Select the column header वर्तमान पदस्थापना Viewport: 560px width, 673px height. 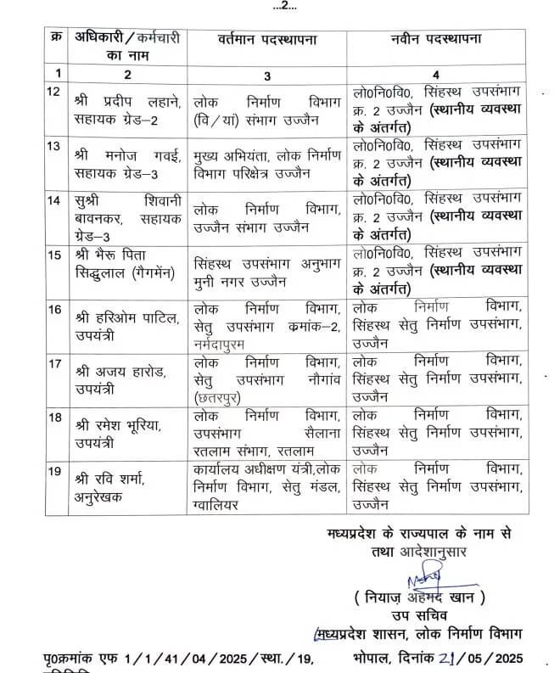pos(260,40)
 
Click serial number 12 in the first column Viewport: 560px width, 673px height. pos(53,90)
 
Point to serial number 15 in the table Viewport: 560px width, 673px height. pos(53,255)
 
